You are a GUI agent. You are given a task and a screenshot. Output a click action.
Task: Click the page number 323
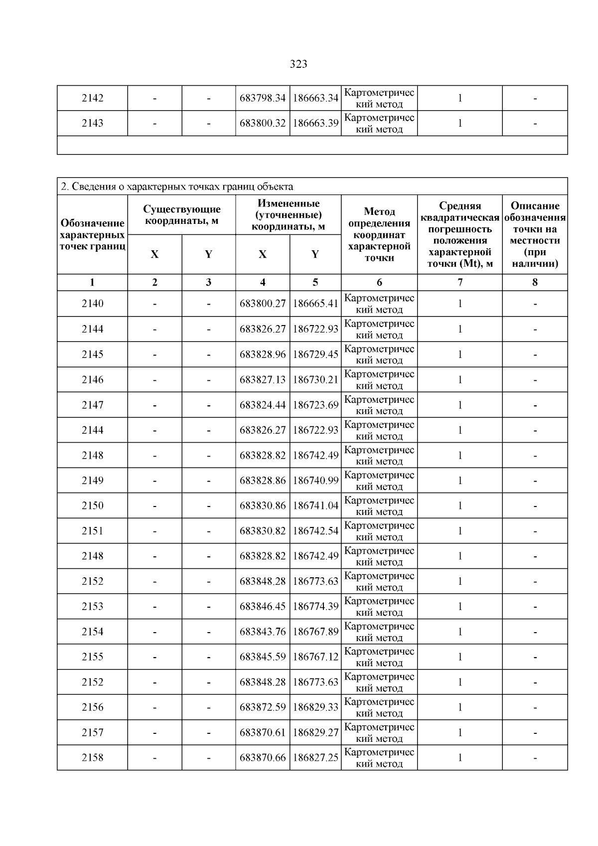click(298, 64)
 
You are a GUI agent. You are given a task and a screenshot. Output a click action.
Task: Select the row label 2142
click(93, 98)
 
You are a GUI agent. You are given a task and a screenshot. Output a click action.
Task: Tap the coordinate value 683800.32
click(263, 123)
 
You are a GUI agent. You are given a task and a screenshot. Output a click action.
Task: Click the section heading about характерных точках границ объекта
click(177, 187)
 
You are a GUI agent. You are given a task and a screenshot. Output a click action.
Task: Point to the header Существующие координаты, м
click(182, 215)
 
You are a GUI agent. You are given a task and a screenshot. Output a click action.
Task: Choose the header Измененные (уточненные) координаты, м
click(289, 215)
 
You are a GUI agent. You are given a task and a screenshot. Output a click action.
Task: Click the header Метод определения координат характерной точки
click(379, 235)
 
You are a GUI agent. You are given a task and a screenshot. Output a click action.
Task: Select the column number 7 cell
click(460, 283)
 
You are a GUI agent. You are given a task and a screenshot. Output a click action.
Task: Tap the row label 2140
click(93, 304)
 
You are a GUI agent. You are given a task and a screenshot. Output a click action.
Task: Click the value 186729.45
click(315, 354)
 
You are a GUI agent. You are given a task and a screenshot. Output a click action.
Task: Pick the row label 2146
click(93, 380)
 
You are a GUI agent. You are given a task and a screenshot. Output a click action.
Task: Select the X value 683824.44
click(263, 405)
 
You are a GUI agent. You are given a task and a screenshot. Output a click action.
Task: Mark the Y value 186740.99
click(315, 481)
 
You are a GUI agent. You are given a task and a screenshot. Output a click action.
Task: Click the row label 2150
click(93, 506)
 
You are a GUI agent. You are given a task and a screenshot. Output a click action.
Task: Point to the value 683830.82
click(263, 531)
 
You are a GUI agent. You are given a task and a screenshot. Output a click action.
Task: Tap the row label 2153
click(93, 607)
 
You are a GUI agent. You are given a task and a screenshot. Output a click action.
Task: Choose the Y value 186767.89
click(315, 632)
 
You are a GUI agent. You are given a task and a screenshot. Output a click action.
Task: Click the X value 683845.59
click(263, 657)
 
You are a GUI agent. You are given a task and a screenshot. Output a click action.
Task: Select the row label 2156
click(93, 707)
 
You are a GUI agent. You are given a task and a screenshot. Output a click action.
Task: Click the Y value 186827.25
click(315, 758)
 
